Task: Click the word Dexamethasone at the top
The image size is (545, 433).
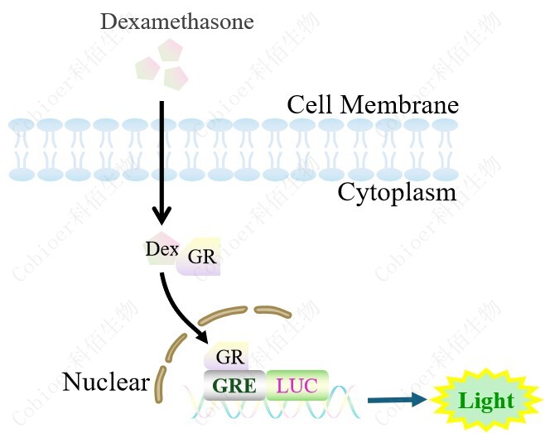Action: point(177,22)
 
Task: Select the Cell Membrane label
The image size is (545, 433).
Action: point(372,105)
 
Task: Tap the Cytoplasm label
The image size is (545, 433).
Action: point(397,193)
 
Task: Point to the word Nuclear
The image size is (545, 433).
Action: point(105,382)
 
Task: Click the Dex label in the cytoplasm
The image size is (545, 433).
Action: point(162,248)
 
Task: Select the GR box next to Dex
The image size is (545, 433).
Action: point(201,257)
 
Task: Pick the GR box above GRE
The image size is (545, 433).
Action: point(229,358)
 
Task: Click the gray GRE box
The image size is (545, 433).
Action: point(234,385)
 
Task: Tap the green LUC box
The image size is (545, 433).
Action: point(297,385)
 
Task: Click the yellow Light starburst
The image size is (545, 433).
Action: point(486,401)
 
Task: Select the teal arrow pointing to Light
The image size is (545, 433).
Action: point(397,401)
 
